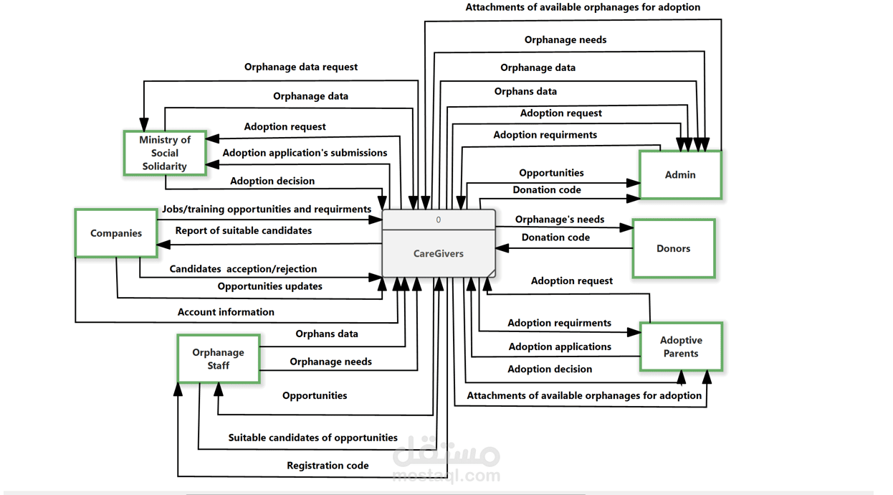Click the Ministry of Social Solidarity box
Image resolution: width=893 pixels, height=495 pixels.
165,153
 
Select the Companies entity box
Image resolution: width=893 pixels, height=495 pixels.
116,233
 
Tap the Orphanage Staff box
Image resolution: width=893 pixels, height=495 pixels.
218,359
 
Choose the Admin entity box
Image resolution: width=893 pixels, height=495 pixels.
680,174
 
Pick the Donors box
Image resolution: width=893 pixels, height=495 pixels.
673,248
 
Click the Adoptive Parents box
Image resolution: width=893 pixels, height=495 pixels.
681,346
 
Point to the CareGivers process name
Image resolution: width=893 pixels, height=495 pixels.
438,253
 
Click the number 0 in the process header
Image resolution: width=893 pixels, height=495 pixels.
439,220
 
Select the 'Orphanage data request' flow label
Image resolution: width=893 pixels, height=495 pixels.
300,67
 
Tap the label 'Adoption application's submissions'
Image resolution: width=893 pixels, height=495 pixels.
305,153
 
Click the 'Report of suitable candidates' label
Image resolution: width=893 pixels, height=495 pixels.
244,230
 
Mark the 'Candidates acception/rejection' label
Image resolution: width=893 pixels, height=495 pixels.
243,269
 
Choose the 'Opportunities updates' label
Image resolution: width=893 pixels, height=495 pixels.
269,286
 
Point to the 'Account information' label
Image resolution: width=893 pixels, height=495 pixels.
226,312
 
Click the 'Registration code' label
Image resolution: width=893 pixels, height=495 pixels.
328,466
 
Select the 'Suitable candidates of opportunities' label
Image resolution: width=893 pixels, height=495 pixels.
312,438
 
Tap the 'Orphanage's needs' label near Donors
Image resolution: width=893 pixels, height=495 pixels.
559,220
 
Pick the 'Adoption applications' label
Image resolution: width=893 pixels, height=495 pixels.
560,346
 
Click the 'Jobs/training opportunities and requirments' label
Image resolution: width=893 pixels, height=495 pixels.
267,209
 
